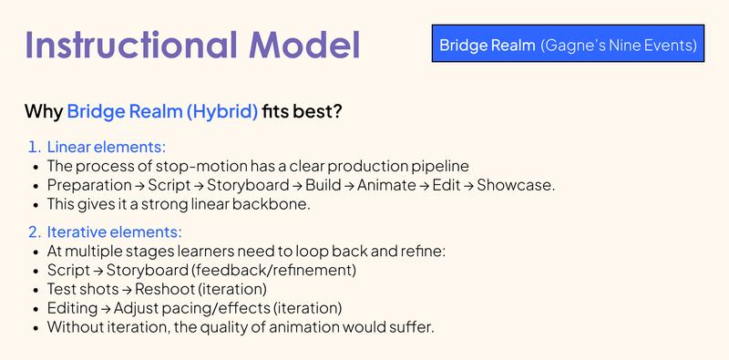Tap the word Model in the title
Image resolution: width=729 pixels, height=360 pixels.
tap(304, 46)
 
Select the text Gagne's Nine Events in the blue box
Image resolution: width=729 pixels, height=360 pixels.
tap(621, 45)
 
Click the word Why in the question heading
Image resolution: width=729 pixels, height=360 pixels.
tap(44, 113)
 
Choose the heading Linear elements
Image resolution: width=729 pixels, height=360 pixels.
tap(112, 147)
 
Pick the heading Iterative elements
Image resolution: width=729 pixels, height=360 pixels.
tap(118, 232)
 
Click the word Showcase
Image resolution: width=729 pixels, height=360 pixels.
tap(516, 185)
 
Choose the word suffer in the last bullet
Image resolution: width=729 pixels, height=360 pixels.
tap(409, 328)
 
